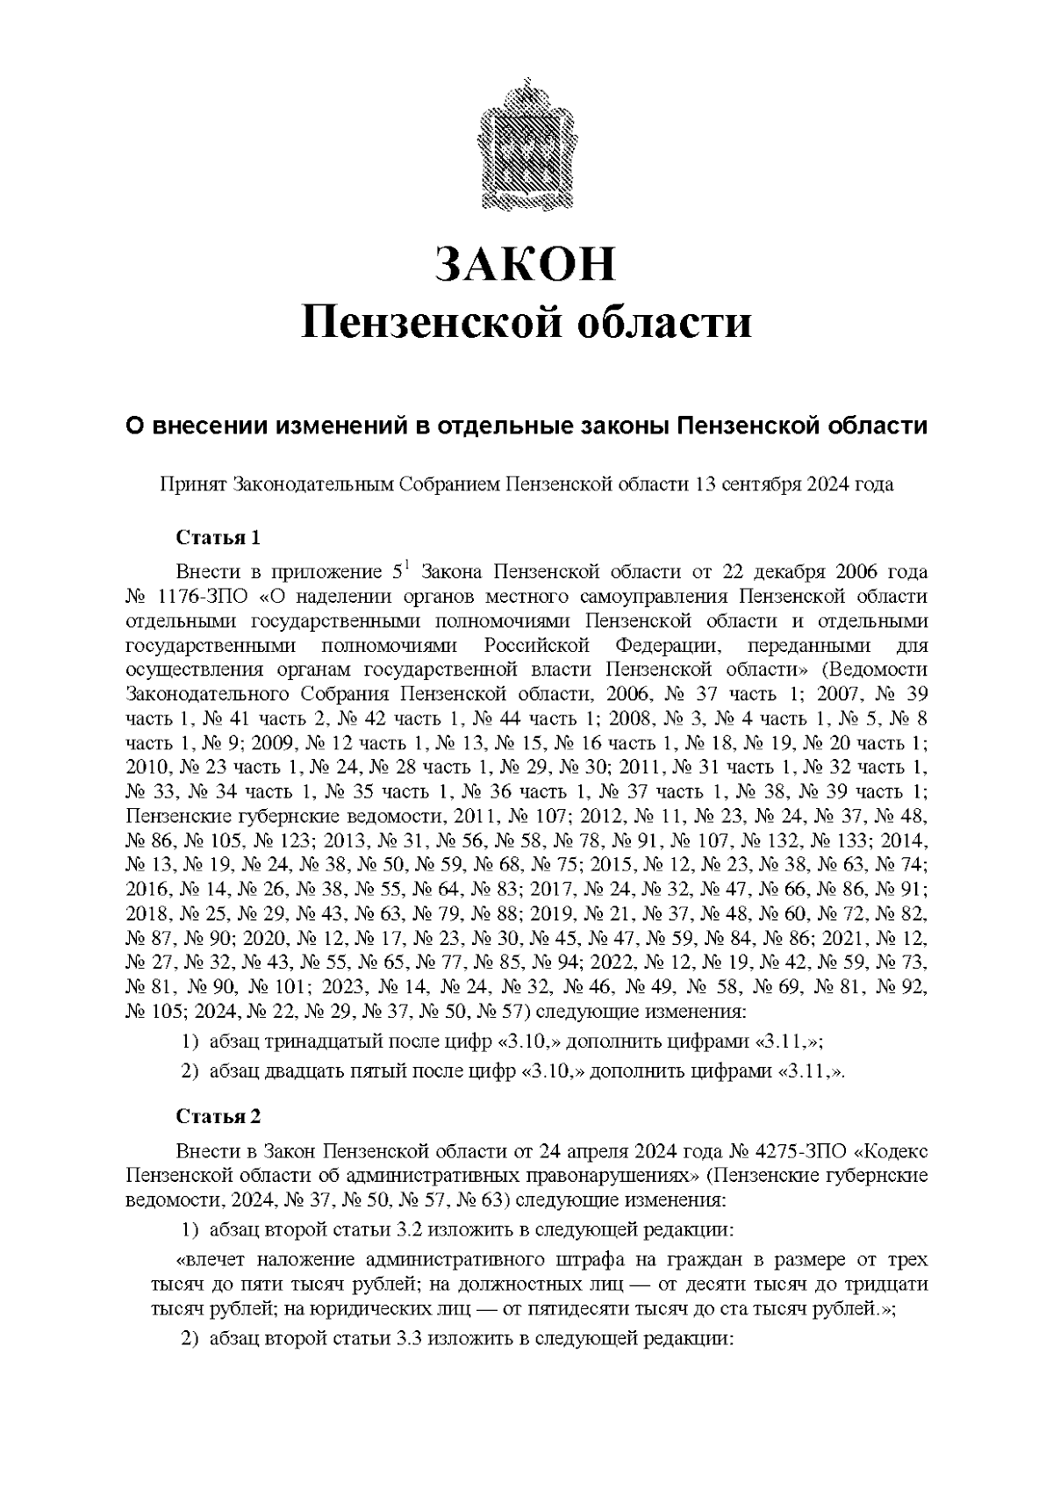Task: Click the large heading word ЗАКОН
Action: (526, 264)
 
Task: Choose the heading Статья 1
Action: (218, 537)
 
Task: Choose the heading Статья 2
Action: (218, 1116)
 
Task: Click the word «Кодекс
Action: (892, 1150)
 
